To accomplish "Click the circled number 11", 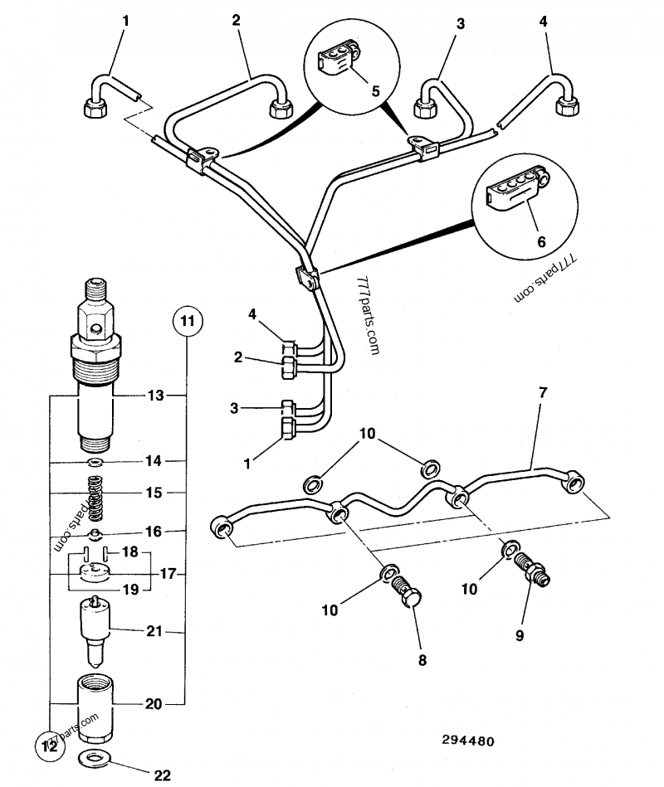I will coord(187,319).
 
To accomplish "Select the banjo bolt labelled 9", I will coord(530,571).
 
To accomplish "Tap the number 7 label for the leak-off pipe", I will coord(543,391).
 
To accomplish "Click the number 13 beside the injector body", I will coord(156,396).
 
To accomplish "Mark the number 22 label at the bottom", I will coord(162,775).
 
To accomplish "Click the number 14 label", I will coord(155,460).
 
